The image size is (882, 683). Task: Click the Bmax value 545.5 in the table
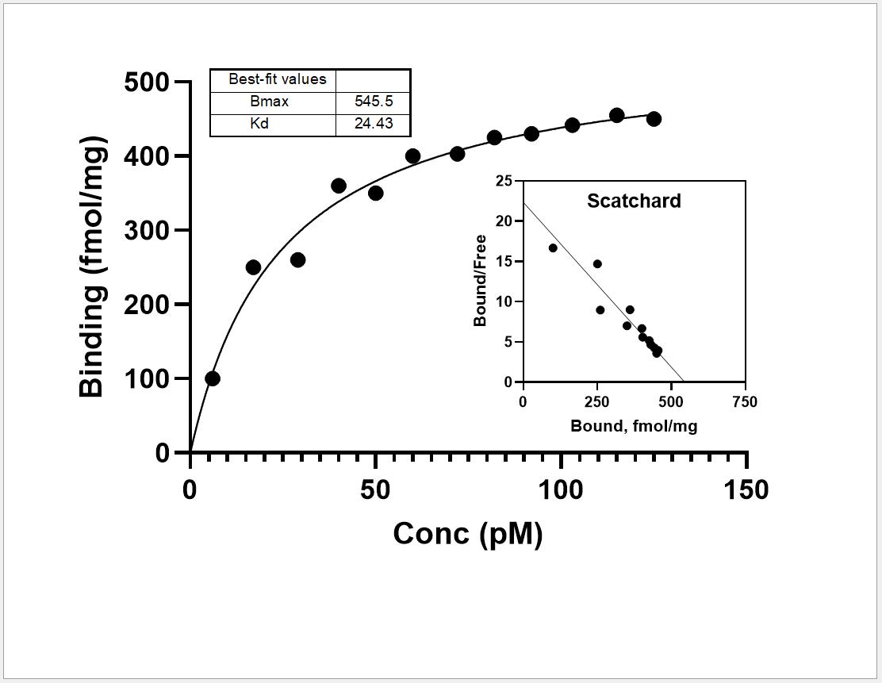click(x=374, y=102)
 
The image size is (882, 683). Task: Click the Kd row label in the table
click(x=259, y=123)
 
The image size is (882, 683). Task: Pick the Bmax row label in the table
click(x=270, y=102)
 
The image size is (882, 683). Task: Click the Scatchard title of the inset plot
click(x=634, y=201)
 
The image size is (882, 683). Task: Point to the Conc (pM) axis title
click(x=467, y=534)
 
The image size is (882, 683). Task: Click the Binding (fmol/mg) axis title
click(x=92, y=267)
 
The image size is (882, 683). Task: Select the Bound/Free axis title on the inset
click(x=480, y=280)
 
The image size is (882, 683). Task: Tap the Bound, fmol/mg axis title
click(x=634, y=426)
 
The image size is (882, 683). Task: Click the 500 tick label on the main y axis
click(x=147, y=82)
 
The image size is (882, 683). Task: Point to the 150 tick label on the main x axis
click(x=746, y=490)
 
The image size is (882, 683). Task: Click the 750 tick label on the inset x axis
click(x=746, y=401)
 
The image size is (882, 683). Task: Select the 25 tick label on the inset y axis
click(x=504, y=181)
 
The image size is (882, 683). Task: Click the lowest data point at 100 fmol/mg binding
click(x=213, y=378)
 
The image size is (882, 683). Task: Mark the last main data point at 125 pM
click(x=654, y=119)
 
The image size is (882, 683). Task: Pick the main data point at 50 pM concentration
click(x=376, y=193)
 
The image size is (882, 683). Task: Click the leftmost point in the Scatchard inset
click(x=553, y=248)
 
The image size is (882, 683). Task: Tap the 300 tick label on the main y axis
click(x=147, y=231)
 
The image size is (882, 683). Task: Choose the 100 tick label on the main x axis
click(x=561, y=490)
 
